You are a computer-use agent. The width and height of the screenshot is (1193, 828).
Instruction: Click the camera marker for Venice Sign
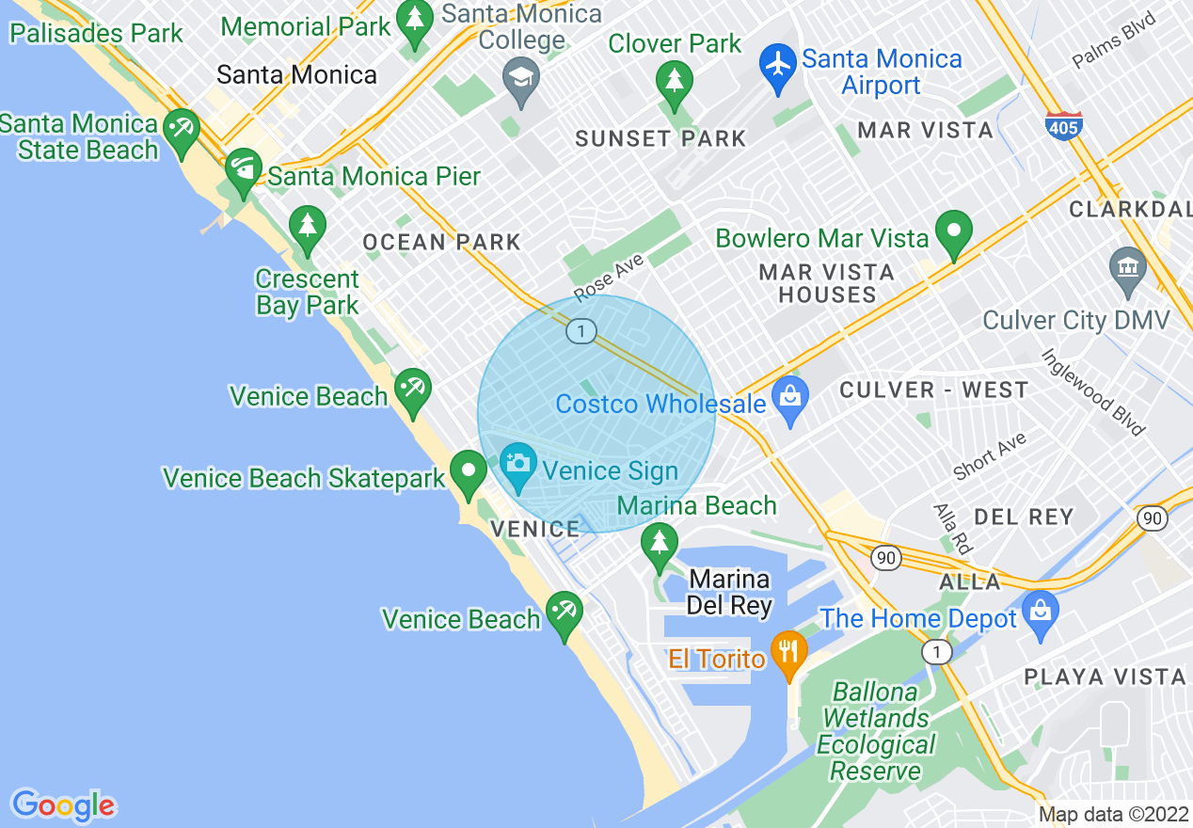(517, 466)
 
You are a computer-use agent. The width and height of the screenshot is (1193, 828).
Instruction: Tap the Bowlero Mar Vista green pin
(954, 235)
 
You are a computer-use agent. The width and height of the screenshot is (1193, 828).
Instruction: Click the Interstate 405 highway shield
(1063, 125)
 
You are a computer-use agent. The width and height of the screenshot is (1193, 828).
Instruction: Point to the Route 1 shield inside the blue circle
(582, 331)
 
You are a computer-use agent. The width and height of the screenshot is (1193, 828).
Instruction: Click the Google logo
(63, 805)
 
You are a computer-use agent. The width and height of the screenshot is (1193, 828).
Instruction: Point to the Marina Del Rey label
(729, 592)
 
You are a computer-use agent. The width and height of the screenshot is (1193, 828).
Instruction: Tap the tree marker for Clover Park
(674, 84)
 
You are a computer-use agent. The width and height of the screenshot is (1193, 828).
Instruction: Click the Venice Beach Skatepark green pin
(468, 473)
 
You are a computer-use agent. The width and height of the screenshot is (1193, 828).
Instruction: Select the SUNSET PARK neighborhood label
(660, 139)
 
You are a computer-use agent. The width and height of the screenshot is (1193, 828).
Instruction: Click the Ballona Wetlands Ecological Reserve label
(875, 731)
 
